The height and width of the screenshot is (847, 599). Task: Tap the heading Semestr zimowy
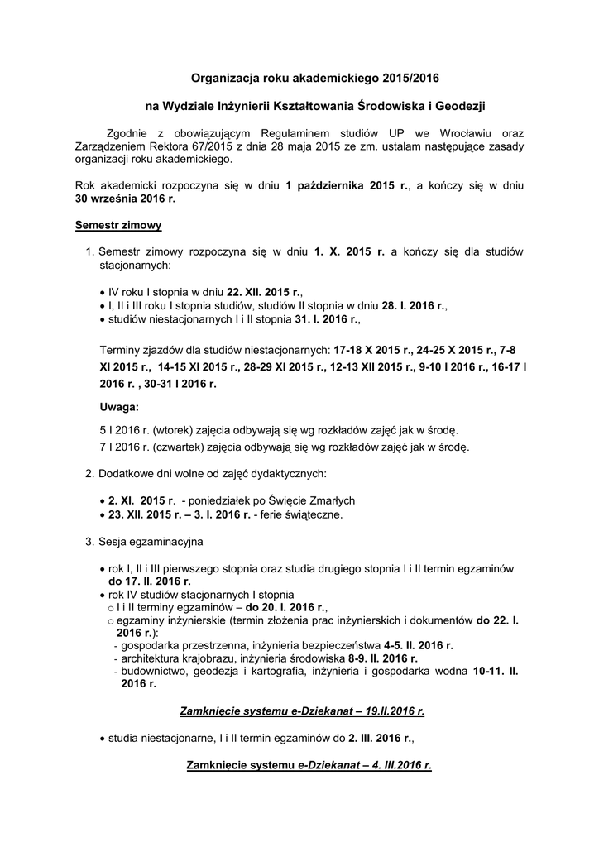pos(118,225)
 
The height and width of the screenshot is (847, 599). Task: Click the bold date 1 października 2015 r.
pos(347,187)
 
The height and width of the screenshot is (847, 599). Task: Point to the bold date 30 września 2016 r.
pos(125,199)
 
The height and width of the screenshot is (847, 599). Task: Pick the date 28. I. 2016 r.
pos(408,305)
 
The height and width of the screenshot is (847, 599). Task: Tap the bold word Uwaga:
pos(119,408)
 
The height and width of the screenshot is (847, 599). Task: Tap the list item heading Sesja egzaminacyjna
pos(151,542)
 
